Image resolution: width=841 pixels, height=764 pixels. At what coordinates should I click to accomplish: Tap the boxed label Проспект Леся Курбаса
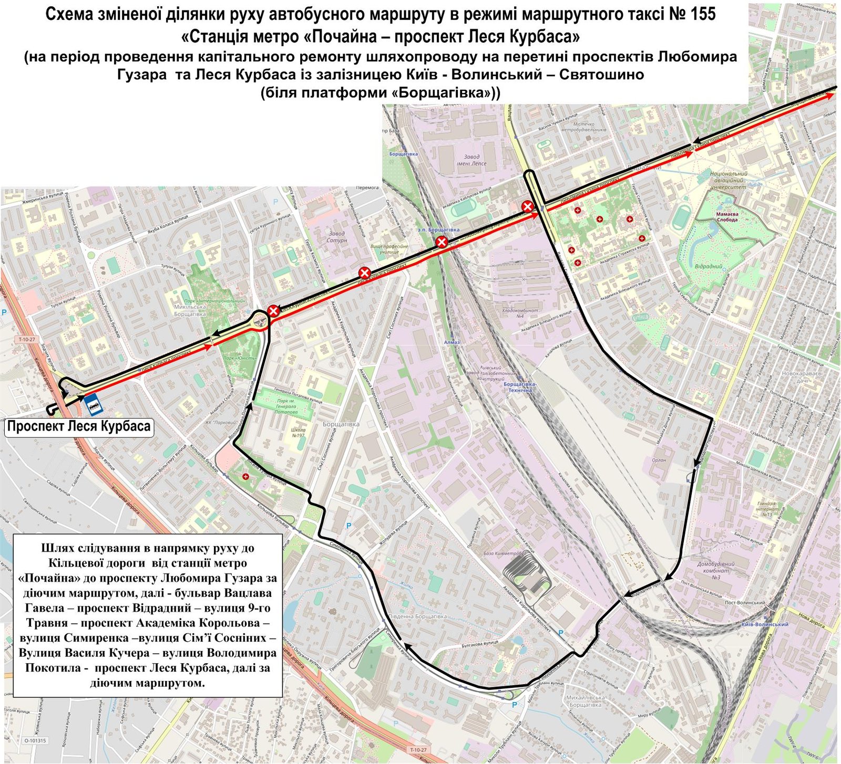pos(79,426)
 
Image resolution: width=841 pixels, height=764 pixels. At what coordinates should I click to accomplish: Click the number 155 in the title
pos(699,14)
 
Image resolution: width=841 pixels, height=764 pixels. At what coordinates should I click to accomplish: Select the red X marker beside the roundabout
pos(273,311)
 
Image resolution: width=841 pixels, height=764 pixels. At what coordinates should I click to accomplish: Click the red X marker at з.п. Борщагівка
pos(442,242)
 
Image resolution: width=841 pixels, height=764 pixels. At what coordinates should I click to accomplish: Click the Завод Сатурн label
pos(336,237)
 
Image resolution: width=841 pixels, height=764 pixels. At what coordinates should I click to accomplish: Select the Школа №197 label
pos(298,433)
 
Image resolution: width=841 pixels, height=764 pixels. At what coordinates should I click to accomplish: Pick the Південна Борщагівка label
pos(418,616)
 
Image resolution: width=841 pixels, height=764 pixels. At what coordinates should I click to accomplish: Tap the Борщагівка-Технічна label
pos(518,387)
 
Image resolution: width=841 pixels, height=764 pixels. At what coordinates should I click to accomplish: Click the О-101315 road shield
pos(35,741)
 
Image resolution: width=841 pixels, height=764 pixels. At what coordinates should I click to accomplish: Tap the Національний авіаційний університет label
pos(728,180)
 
